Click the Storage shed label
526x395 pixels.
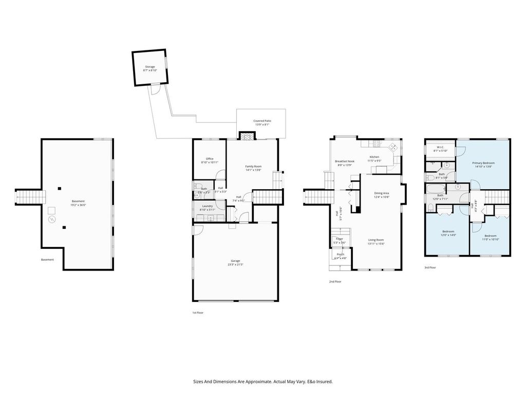tap(149, 67)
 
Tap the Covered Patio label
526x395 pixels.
tap(262, 121)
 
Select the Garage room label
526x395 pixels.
tap(236, 261)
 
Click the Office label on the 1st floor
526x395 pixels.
tap(210, 158)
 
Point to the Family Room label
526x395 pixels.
tap(253, 166)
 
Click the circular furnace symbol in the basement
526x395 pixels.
tap(51, 220)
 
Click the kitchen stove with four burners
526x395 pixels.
tap(376, 143)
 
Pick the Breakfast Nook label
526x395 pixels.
tap(345, 161)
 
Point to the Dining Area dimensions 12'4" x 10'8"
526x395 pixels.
tap(382, 197)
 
